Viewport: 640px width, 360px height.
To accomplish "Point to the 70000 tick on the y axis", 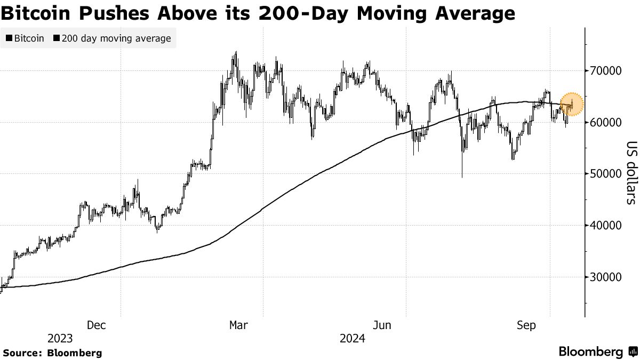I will coord(605,71).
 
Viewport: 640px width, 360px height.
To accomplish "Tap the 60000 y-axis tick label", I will coord(605,123).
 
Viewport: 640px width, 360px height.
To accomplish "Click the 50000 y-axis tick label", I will coord(605,174).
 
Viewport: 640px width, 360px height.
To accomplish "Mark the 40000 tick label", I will coord(605,226).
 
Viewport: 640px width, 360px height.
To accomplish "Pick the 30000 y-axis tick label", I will coord(605,277).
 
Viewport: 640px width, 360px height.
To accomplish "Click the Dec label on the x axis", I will coord(96,325).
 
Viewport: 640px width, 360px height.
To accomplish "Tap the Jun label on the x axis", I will coord(382,325).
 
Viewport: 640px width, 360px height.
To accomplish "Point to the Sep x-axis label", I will coord(526,325).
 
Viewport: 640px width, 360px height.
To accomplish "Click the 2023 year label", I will coord(60,339).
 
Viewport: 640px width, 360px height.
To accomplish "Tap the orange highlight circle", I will coord(572,104).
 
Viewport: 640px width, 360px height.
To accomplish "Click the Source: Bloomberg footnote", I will coord(52,353).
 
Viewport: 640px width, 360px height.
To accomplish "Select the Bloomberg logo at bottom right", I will coord(597,352).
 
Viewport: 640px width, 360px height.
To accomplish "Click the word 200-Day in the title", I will coord(308,13).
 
